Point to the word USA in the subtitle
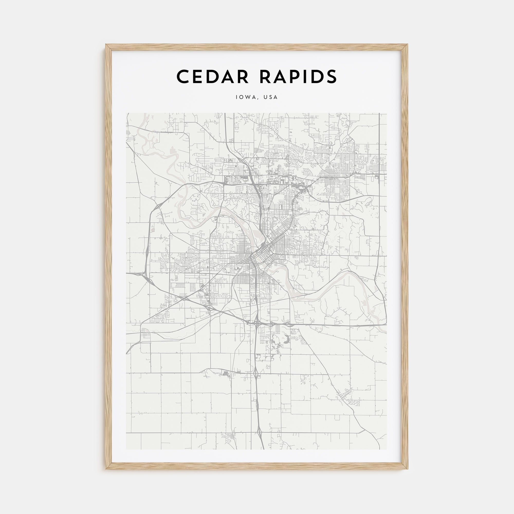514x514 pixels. [x=271, y=97]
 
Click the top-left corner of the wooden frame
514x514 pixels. [x=106, y=44]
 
